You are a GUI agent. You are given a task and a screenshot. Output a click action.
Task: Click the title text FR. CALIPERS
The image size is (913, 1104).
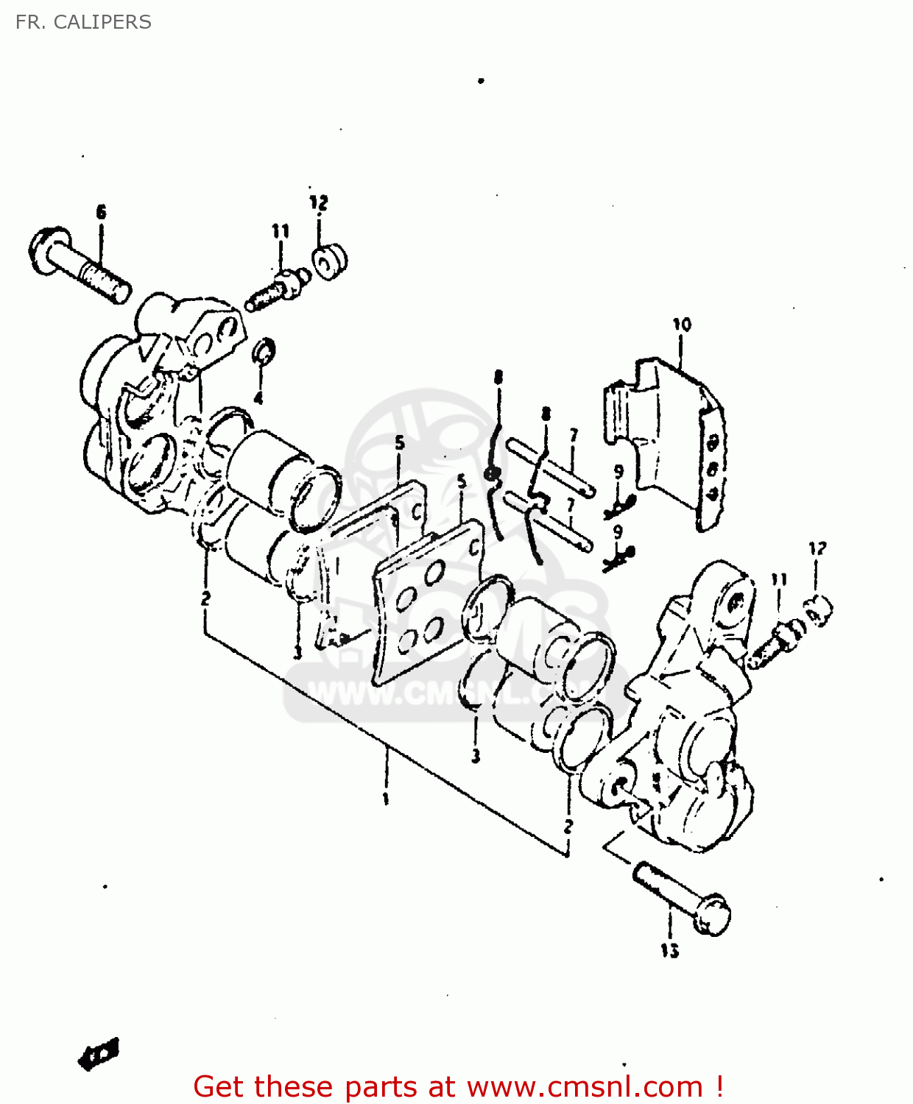pyautogui.click(x=83, y=22)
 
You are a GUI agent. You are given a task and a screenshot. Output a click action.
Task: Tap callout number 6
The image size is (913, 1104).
pyautogui.click(x=101, y=212)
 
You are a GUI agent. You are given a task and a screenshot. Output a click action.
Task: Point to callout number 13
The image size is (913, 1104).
pyautogui.click(x=669, y=951)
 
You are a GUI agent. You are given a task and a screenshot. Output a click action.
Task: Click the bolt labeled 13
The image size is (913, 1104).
pyautogui.click(x=681, y=898)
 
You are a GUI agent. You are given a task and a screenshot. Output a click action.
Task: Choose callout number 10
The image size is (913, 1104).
pyautogui.click(x=682, y=324)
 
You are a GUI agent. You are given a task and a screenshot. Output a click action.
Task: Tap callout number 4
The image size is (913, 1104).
pyautogui.click(x=258, y=398)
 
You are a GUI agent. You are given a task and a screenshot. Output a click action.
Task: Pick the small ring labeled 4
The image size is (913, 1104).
pyautogui.click(x=264, y=352)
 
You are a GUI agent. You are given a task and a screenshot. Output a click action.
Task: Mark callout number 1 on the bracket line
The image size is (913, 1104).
pyautogui.click(x=385, y=799)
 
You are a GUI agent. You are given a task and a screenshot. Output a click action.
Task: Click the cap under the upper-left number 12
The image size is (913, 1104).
pyautogui.click(x=329, y=260)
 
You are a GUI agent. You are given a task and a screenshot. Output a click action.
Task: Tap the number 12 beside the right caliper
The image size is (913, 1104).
pyautogui.click(x=817, y=548)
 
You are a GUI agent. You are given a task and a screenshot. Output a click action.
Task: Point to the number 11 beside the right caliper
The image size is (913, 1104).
pyautogui.click(x=779, y=580)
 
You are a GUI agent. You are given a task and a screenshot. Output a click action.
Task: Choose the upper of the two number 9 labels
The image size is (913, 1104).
pyautogui.click(x=618, y=472)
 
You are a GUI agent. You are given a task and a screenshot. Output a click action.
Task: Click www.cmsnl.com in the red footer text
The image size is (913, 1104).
pyautogui.click(x=585, y=1086)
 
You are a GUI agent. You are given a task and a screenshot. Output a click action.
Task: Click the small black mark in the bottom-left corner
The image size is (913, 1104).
pyautogui.click(x=99, y=1054)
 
